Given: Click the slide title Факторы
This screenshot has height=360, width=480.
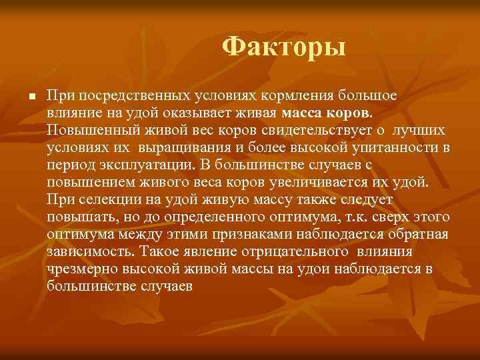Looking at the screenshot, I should [x=284, y=47].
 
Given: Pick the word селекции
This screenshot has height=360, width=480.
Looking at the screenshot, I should [x=110, y=198].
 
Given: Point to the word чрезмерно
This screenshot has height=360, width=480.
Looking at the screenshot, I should [x=79, y=268].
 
